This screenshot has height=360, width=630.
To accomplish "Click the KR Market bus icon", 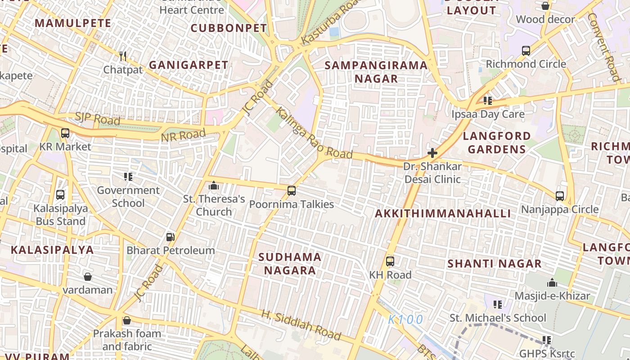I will coord(65,133).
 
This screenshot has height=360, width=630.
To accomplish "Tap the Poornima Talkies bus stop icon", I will coord(292,191).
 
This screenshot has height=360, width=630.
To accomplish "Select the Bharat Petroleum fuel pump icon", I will coord(170,237).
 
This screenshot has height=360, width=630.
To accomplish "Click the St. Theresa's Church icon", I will coord(214,185).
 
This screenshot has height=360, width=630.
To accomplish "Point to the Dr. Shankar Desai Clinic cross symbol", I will coord(432,153).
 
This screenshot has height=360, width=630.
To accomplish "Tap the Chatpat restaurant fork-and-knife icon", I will coord(123,56).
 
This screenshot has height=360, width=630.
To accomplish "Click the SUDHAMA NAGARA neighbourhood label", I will coord(290,264).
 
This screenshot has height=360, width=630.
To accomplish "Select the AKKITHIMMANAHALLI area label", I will coord(443,214).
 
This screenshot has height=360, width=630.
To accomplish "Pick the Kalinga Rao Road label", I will coord(314,133).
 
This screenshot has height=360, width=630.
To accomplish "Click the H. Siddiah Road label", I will coord(301,324).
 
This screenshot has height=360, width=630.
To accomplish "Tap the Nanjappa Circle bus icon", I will coord(560,196).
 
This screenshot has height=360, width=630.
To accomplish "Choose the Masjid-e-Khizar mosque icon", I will coord(552,283).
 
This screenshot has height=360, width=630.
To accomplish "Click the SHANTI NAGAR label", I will coord(494,264).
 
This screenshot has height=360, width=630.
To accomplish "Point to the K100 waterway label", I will coord(406,319).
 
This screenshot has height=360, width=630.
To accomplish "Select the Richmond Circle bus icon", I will coord(526,51).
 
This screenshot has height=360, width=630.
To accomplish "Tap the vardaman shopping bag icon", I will coord(88,276).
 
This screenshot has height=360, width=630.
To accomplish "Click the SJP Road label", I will coord(98,119).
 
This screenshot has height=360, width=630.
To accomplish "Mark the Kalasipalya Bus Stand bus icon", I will coord(60,195).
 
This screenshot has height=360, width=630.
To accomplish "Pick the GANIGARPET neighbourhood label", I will coord(189,65).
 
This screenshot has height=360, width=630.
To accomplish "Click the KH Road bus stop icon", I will coord(390,261).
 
